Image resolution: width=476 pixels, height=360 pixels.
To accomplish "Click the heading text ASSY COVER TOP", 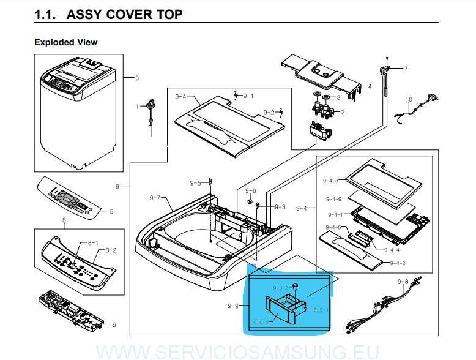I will (124, 14).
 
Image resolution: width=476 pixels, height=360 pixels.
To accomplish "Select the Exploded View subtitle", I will (65, 42).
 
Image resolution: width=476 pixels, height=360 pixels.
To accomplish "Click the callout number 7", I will (405, 68).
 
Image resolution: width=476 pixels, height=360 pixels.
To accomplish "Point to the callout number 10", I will (409, 99).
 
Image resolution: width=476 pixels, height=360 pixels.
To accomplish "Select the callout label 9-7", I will (155, 198).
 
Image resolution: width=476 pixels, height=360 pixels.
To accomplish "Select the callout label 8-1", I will (92, 243).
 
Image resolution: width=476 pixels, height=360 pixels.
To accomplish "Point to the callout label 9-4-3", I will (330, 181).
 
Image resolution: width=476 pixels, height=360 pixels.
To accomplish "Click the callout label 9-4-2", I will (398, 263).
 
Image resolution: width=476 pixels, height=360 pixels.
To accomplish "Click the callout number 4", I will (370, 86).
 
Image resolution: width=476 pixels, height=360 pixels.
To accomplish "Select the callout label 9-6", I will (251, 190).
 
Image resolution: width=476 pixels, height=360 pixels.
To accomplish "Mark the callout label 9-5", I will (195, 183).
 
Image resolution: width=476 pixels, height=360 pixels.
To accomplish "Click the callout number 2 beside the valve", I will (343, 112).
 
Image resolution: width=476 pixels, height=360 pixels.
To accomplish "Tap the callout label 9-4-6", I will (333, 199).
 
